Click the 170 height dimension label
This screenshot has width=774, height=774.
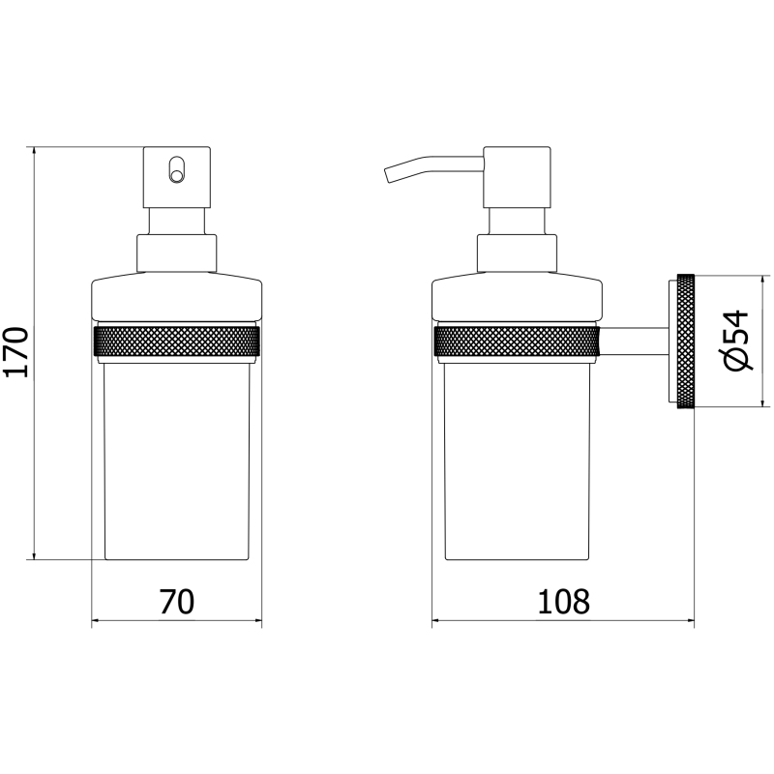(15, 351)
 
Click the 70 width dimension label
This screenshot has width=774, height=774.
(177, 602)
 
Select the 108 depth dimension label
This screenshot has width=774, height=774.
(563, 602)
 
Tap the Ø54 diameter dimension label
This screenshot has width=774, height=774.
(737, 341)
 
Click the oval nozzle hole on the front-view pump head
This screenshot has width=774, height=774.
(176, 170)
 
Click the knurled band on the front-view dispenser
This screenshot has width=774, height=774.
(177, 341)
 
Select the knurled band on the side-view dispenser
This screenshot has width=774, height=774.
(517, 341)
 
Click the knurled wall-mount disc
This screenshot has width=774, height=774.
(686, 341)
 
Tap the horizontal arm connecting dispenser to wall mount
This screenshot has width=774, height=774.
(635, 341)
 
